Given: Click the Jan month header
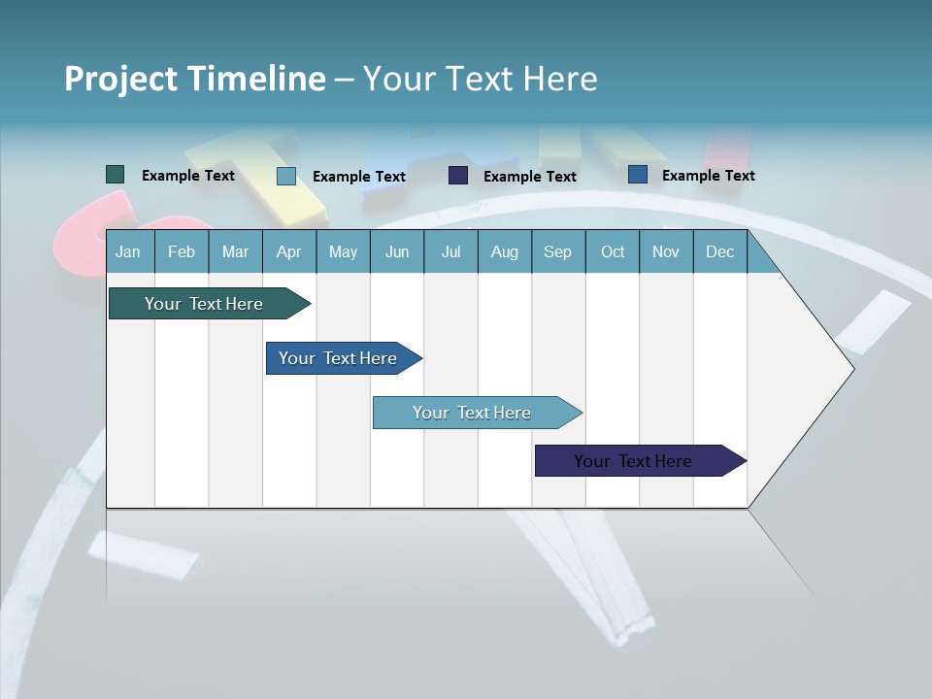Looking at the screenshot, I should coord(128,251).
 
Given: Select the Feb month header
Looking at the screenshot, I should coord(182,251).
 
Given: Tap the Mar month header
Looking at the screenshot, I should coord(235,251).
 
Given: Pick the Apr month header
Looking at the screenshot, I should coord(288,251).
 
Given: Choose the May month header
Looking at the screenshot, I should coord(343,251).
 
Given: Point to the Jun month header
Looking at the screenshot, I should coord(397,251).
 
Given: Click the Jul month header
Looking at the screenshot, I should coord(450,251).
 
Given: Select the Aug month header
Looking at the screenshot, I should coord(504,251).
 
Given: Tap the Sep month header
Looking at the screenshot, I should coord(557,251).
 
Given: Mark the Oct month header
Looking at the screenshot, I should coord(613,251).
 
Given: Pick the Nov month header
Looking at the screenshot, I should coord(666,251).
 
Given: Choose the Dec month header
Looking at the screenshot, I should coord(719,251).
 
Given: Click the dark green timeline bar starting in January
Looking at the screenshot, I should coord(205,304).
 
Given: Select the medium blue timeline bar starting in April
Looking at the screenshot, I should coord(339,358).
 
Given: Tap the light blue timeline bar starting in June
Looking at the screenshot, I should coord(473,413).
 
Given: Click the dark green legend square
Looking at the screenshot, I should coord(116,175).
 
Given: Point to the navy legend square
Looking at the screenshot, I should coord(458,176).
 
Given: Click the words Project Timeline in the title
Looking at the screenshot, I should coord(195,79).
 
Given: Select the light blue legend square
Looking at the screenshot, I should coord(286,176).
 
